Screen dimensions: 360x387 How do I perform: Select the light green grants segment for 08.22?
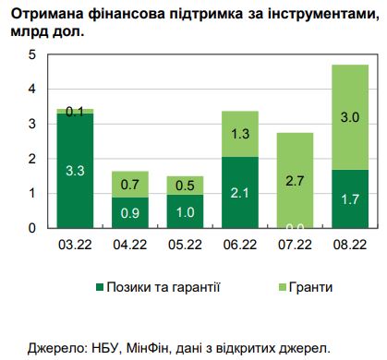[350, 117]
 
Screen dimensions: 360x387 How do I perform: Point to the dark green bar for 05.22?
[184, 210]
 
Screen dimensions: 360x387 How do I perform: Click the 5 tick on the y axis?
[32, 54]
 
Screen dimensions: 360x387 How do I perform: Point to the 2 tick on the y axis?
[32, 159]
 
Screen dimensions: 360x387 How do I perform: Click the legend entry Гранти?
[308, 286]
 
